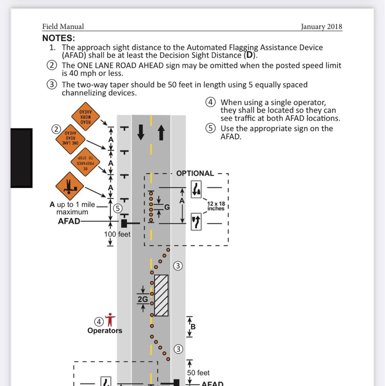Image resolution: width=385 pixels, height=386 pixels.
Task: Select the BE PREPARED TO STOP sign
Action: coord(85,161)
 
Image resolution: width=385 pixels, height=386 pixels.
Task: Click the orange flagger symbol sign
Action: coord(70,186)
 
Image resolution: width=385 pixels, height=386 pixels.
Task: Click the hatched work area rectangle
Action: coord(161,295)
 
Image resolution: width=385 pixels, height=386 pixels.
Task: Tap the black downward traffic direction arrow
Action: coord(141,132)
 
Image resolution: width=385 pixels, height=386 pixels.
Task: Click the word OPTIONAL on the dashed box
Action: coord(195,173)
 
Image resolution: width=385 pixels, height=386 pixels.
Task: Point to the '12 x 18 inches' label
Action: coord(216,206)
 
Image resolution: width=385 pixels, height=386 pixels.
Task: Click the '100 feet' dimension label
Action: coord(117,234)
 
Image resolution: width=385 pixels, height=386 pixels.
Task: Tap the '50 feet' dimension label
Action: coord(198,373)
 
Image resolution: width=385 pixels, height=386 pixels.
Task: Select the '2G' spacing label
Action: coord(143,299)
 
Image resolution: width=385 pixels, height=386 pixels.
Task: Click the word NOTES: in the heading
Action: coord(59,38)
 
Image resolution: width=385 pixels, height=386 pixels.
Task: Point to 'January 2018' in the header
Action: coord(321,27)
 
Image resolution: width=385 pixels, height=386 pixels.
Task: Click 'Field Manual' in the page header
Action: coord(63,27)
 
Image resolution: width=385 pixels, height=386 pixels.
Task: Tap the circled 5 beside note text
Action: coord(210,128)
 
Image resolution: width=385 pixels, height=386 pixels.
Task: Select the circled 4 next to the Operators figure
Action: coord(99,322)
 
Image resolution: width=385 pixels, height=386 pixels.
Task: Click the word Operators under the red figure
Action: coord(105,331)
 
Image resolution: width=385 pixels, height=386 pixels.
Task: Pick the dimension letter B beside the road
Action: coord(193,327)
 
